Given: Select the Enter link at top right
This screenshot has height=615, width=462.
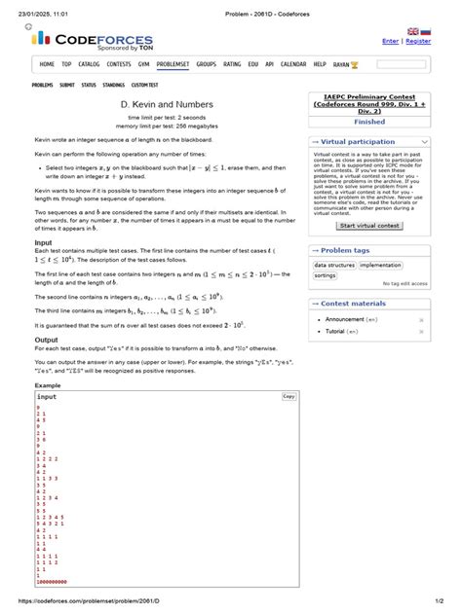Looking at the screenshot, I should [x=390, y=42].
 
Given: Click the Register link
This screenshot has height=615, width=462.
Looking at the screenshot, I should [x=418, y=42].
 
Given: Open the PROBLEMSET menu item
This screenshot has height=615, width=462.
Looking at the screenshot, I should [x=174, y=64].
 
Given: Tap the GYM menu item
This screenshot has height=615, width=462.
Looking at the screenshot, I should [x=144, y=64].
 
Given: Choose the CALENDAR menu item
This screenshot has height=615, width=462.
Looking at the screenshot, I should [x=293, y=64].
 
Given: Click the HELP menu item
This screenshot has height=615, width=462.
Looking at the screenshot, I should [x=320, y=64].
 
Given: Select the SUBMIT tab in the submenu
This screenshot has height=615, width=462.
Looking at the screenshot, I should [x=67, y=86].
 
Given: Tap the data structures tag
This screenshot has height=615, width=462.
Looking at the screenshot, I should [x=334, y=265].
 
